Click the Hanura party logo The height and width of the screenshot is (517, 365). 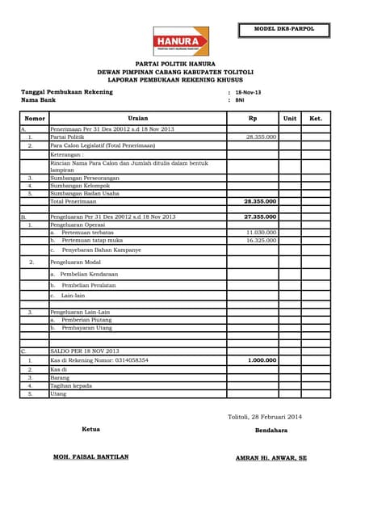click(181, 41)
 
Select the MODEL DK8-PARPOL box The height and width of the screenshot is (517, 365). click(283, 30)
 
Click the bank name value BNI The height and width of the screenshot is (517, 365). click(240, 100)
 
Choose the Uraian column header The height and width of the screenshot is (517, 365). click(137, 118)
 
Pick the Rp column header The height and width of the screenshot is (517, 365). click(253, 118)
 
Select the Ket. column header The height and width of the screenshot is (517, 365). click(316, 118)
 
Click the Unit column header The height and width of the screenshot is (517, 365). click(290, 118)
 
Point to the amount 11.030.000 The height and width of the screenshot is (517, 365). click(261, 232)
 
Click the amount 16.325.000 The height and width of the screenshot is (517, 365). click(261, 240)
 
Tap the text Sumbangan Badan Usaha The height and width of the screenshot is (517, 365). click(85, 193)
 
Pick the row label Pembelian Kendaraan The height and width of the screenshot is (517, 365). click(88, 274)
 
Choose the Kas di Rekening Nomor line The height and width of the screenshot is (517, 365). click(99, 360)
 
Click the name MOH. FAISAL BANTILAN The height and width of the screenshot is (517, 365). click(90, 456)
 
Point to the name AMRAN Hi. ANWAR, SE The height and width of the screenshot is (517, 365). click(271, 457)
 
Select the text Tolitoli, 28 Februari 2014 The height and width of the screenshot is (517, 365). click(264, 416)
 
